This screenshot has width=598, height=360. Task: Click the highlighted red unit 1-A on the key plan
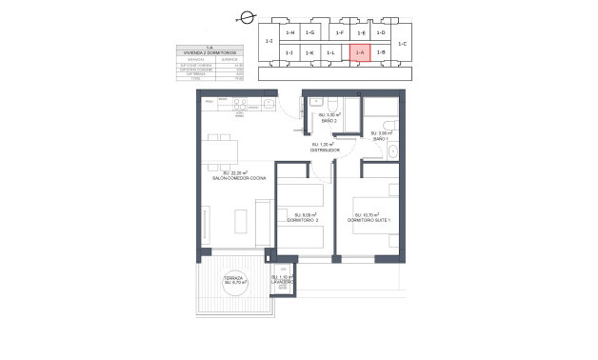coord(360,53)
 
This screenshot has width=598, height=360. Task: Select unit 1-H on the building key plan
coord(290,33)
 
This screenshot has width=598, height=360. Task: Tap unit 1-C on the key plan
coord(402,43)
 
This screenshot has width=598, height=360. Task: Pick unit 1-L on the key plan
coord(330,53)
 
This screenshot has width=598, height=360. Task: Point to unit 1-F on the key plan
coord(339,33)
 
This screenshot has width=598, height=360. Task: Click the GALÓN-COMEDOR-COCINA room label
coord(238,176)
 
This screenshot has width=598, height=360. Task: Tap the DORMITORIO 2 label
coord(302,219)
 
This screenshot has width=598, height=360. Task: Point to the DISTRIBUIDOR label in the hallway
coord(324,149)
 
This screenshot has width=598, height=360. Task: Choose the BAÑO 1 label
coord(382,137)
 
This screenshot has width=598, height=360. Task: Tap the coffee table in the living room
coord(246,220)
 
